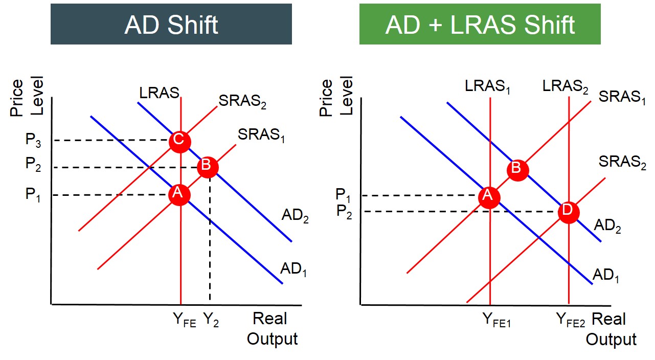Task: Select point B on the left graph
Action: [208, 167]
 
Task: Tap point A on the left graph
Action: [179, 194]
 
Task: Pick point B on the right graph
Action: [517, 169]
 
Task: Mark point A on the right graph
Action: [489, 197]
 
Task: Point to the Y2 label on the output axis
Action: [211, 320]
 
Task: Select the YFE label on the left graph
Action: [184, 320]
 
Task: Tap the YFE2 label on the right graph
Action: [571, 320]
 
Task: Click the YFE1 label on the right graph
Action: [496, 320]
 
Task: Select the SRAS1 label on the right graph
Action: [622, 97]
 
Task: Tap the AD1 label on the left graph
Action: [293, 269]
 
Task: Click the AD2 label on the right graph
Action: [607, 226]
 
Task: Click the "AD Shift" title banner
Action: [171, 24]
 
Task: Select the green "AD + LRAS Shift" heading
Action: [480, 24]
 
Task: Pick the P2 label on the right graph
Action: [344, 211]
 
